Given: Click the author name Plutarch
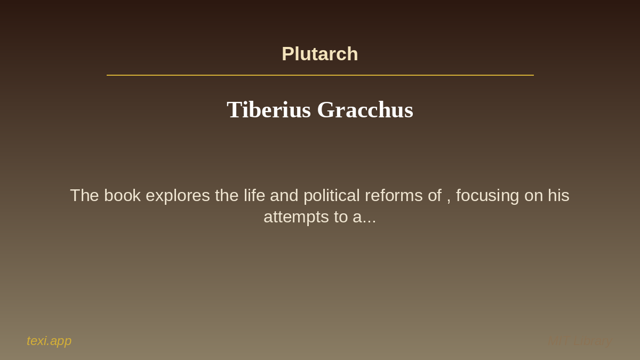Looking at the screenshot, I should pyautogui.click(x=320, y=54).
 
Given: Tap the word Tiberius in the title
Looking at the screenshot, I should pyautogui.click(x=268, y=110).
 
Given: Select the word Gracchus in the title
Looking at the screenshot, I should pyautogui.click(x=365, y=110).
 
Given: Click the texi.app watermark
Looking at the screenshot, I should pyautogui.click(x=49, y=341).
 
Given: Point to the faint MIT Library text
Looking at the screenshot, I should pyautogui.click(x=580, y=341).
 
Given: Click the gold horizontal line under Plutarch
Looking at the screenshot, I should pyautogui.click(x=320, y=75).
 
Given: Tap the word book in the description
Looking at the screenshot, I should pyautogui.click(x=122, y=196).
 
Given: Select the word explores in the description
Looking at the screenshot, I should pyautogui.click(x=178, y=196).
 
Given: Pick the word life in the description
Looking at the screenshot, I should pyautogui.click(x=254, y=196).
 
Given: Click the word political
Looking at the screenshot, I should pyautogui.click(x=332, y=196).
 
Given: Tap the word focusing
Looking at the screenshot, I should pyautogui.click(x=487, y=196).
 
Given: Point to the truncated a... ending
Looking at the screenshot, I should pyautogui.click(x=364, y=217).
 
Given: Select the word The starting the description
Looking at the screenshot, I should pyautogui.click(x=84, y=196).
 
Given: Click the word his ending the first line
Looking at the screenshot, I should pyautogui.click(x=558, y=196).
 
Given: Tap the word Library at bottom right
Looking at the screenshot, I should pyautogui.click(x=593, y=341).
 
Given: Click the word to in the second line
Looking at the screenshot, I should pyautogui.click(x=340, y=217).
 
